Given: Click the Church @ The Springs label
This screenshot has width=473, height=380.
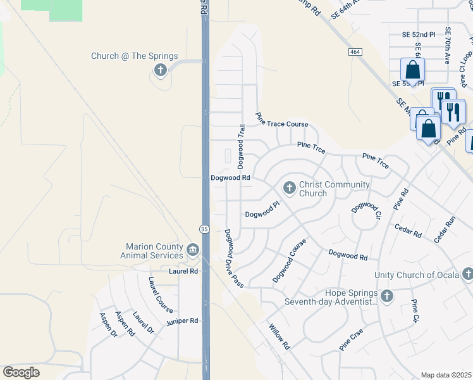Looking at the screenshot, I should click(x=134, y=56).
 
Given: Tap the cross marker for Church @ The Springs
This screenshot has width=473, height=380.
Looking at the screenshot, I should click(x=161, y=70).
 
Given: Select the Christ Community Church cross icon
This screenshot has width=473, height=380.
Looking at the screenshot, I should click(x=290, y=187).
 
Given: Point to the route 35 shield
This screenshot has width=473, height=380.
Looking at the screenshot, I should click(x=204, y=228).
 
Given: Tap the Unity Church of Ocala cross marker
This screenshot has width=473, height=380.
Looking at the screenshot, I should click(x=467, y=274).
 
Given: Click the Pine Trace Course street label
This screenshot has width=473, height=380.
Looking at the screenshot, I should click(x=281, y=123).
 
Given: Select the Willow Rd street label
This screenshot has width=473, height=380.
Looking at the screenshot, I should click(x=279, y=338).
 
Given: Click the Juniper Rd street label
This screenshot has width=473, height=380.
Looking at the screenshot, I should click(x=183, y=321).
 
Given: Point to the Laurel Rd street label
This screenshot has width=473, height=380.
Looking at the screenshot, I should click(x=183, y=271).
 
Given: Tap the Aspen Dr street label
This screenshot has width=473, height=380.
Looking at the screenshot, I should click(x=107, y=324).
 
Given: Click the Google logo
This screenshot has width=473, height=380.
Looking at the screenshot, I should click(x=21, y=372).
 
